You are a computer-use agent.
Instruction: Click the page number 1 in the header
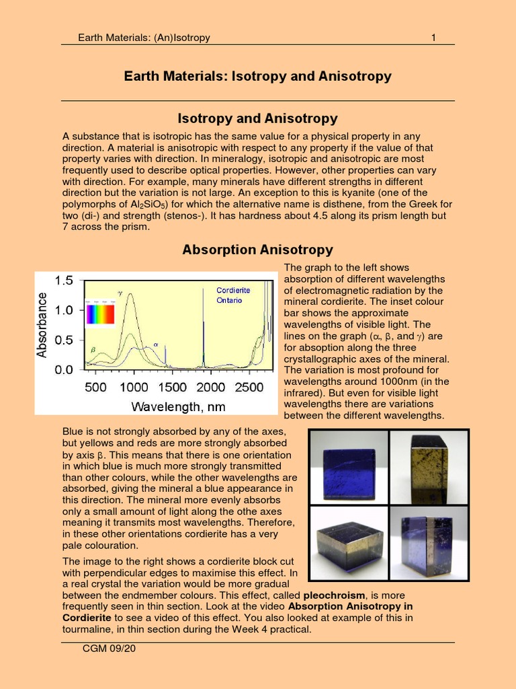click(433, 38)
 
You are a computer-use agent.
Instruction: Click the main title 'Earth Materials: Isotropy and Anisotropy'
click(257, 76)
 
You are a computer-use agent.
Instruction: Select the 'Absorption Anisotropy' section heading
click(257, 250)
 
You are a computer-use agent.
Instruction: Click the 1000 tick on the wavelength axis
click(134, 387)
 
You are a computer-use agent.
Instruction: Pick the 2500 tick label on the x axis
click(249, 387)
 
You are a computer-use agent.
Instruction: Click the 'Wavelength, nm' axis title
click(178, 406)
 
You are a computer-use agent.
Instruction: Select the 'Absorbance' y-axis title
click(42, 324)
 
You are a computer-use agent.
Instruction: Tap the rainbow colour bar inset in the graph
click(99, 314)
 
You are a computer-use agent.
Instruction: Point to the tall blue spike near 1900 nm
click(204, 330)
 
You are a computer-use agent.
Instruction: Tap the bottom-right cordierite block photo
click(429, 542)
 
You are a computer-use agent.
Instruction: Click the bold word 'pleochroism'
click(333, 595)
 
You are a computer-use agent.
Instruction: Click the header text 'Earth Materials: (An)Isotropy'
click(144, 38)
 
